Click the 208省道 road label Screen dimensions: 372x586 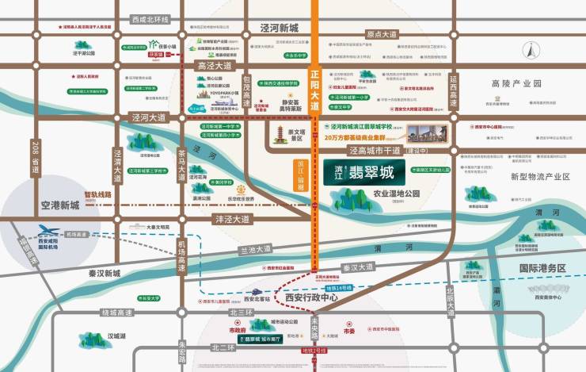coord(35,155)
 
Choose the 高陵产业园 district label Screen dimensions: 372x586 coord(515,83)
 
